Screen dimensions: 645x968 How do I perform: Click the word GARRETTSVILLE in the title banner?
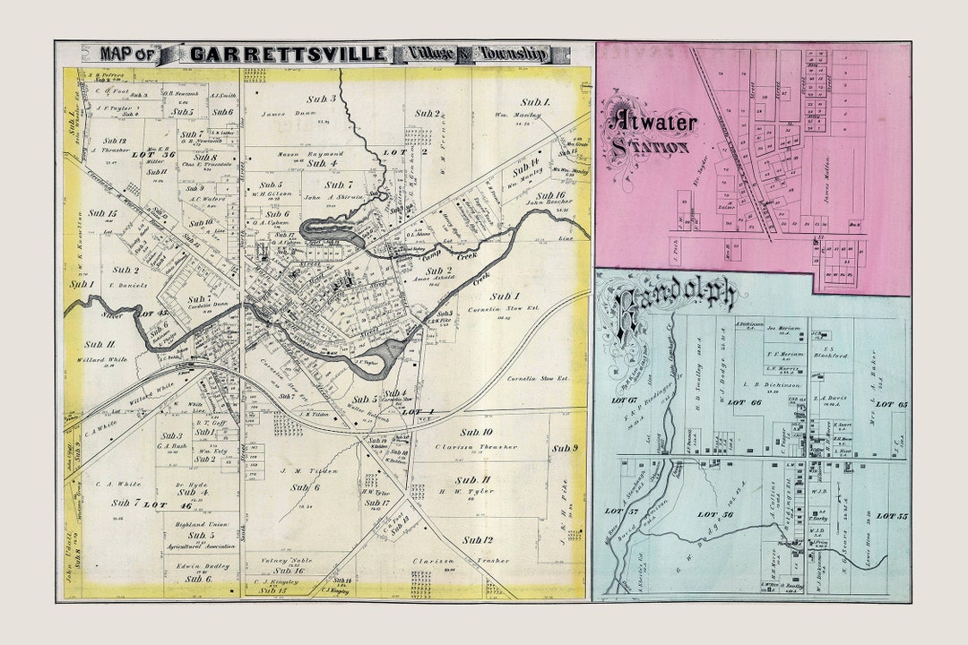coord(287,54)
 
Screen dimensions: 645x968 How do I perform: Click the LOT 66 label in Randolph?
coord(744,403)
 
